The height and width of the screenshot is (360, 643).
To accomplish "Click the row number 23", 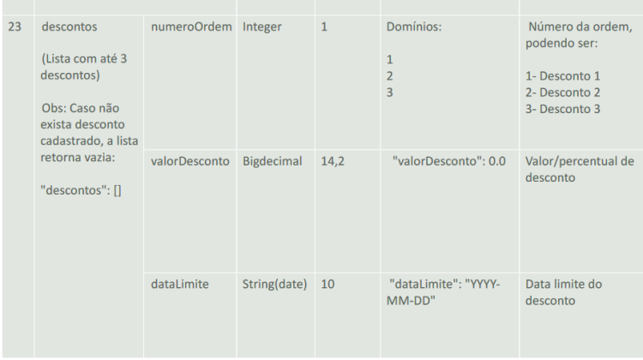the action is click(15, 27).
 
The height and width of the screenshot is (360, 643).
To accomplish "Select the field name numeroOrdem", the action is click(191, 27).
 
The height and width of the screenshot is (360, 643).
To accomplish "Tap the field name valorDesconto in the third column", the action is click(190, 161).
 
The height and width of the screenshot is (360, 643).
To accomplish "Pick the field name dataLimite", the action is click(180, 285).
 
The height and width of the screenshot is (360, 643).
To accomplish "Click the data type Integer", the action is click(262, 27).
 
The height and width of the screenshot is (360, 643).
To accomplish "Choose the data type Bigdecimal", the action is click(273, 161).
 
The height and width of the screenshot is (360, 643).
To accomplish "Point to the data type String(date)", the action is click(274, 285).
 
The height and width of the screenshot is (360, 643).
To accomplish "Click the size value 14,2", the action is click(333, 161).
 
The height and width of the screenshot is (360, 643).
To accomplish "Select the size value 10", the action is click(328, 285).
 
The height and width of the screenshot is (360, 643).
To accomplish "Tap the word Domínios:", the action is click(414, 27).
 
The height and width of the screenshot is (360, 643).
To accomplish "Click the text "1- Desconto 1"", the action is click(562, 75).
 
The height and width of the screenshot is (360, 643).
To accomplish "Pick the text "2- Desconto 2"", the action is click(562, 93).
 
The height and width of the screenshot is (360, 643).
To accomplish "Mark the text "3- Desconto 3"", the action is click(562, 109).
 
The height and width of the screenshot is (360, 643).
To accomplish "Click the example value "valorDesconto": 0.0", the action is click(449, 161).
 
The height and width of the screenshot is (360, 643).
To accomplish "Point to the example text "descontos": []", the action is click(81, 190).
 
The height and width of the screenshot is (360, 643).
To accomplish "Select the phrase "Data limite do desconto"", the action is click(563, 292).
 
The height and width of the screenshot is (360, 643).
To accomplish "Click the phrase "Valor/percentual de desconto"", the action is click(580, 170).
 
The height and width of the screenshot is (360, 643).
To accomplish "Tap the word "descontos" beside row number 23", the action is click(69, 27).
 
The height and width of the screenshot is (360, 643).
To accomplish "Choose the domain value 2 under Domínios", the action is click(389, 75).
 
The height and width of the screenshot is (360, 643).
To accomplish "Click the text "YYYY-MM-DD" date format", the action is click(443, 292).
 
